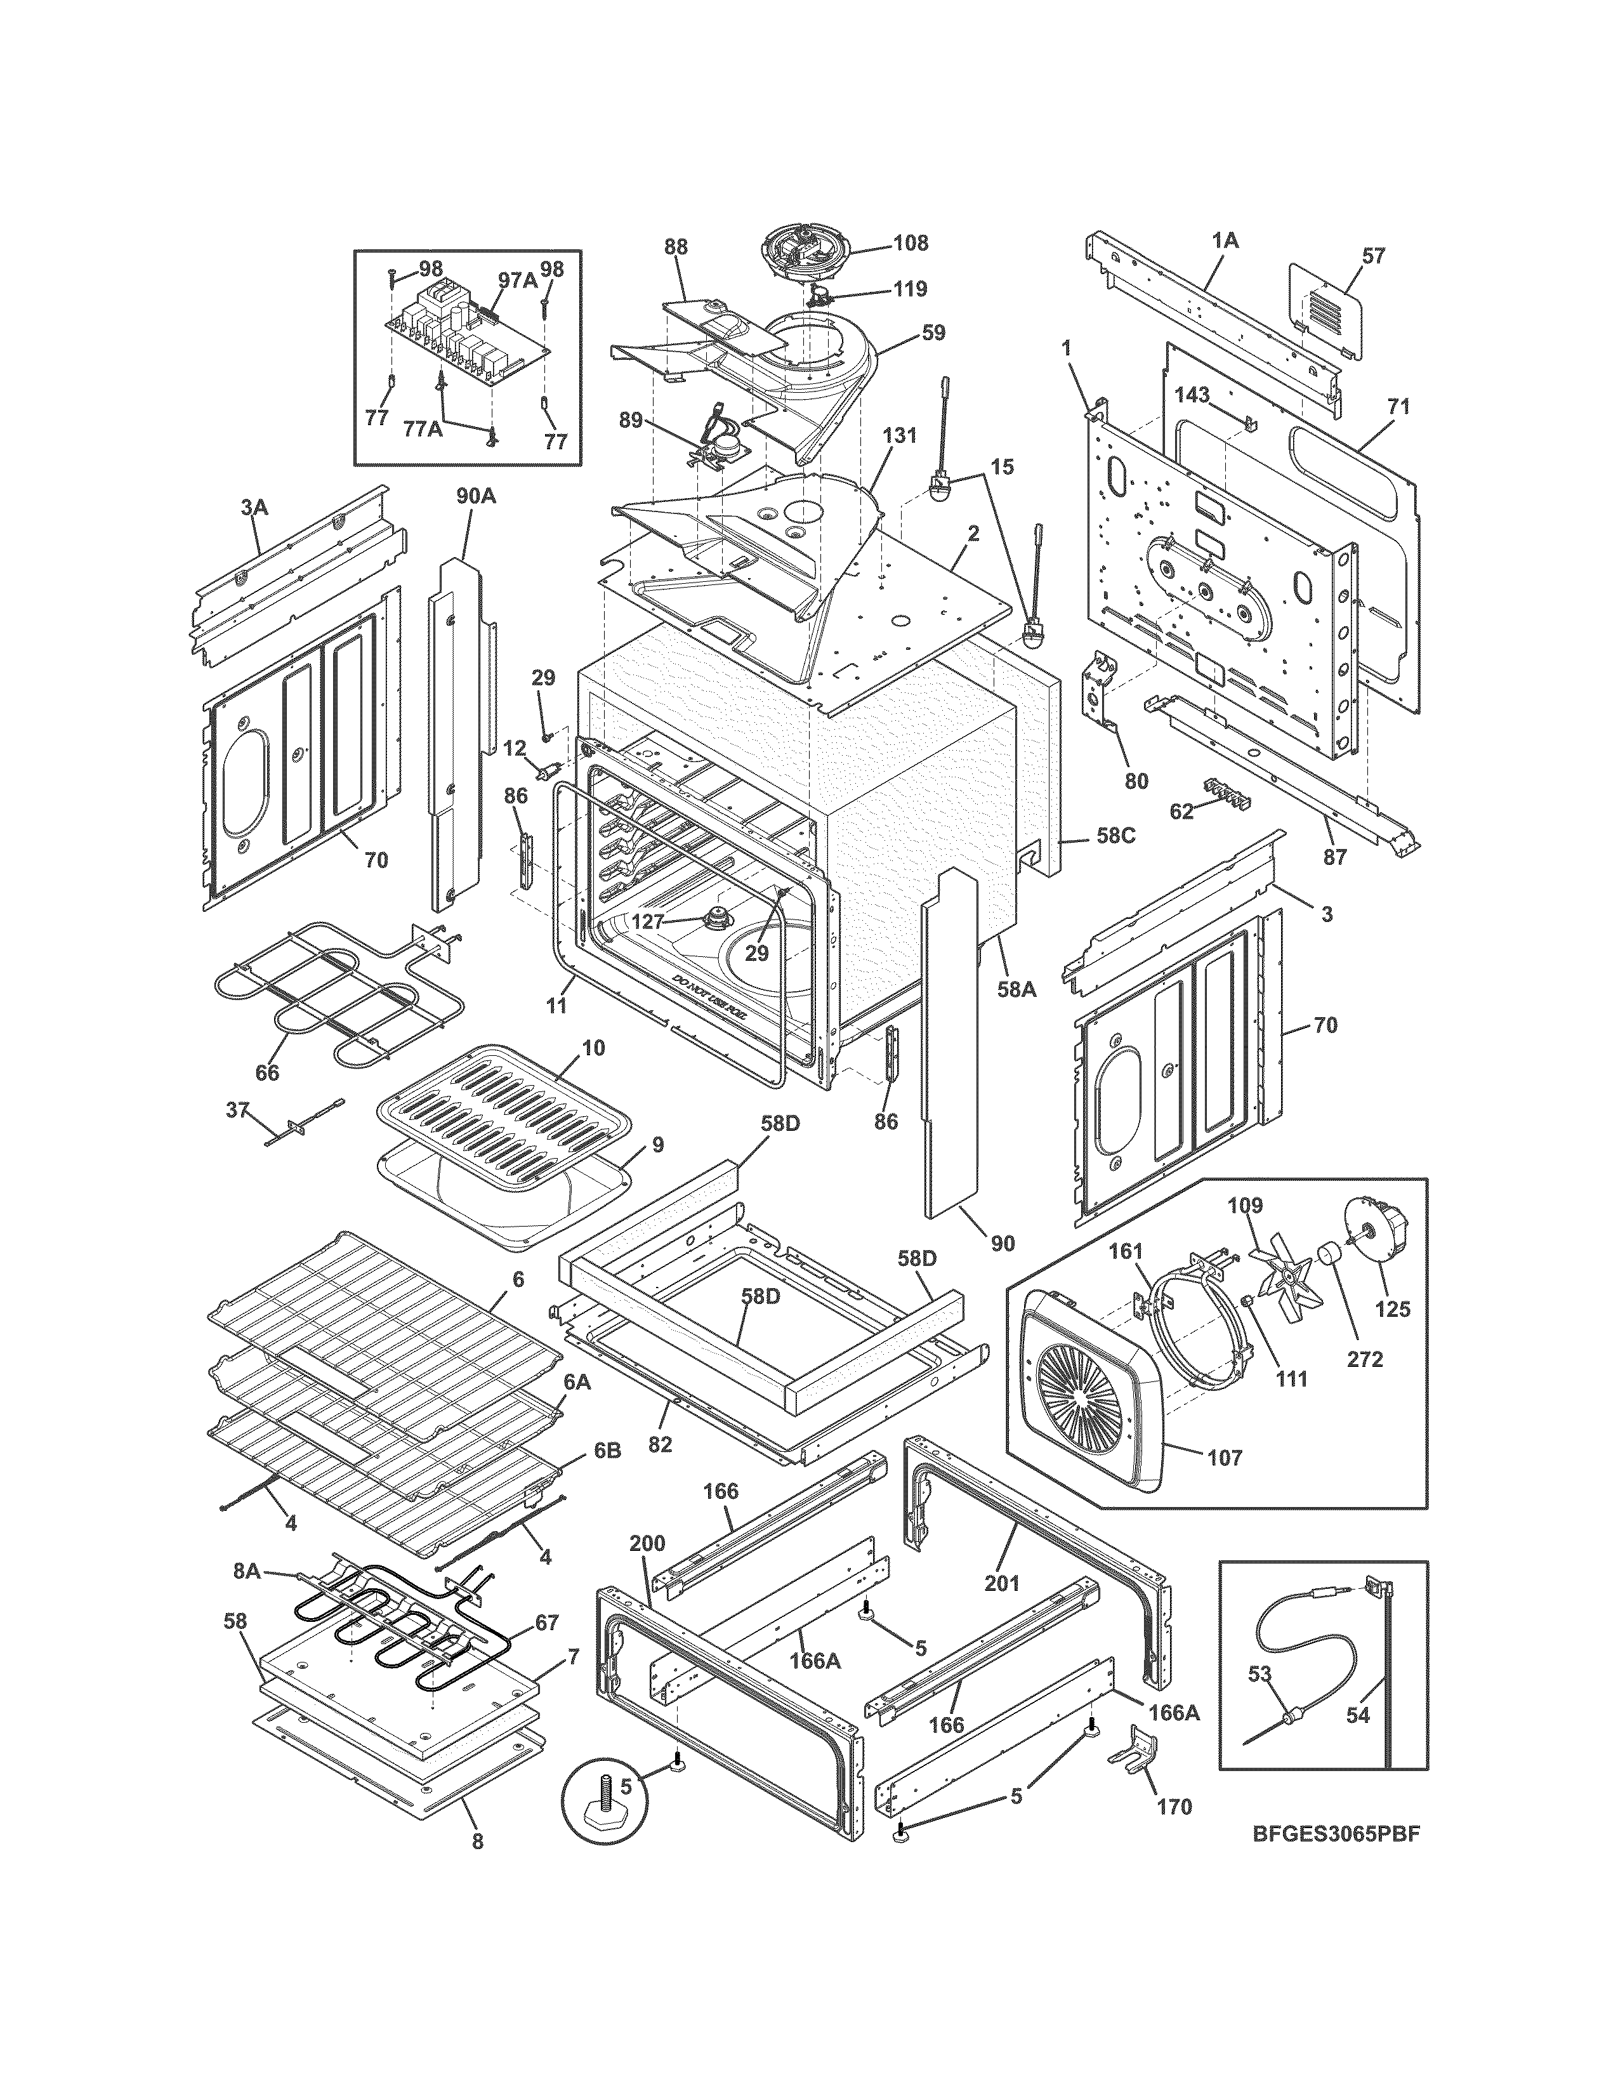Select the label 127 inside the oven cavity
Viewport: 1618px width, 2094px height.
[648, 921]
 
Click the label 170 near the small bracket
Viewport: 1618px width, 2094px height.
[1174, 1807]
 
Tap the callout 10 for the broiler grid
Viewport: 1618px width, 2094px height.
[593, 1048]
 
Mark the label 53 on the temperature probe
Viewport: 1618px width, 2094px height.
[1260, 1700]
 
